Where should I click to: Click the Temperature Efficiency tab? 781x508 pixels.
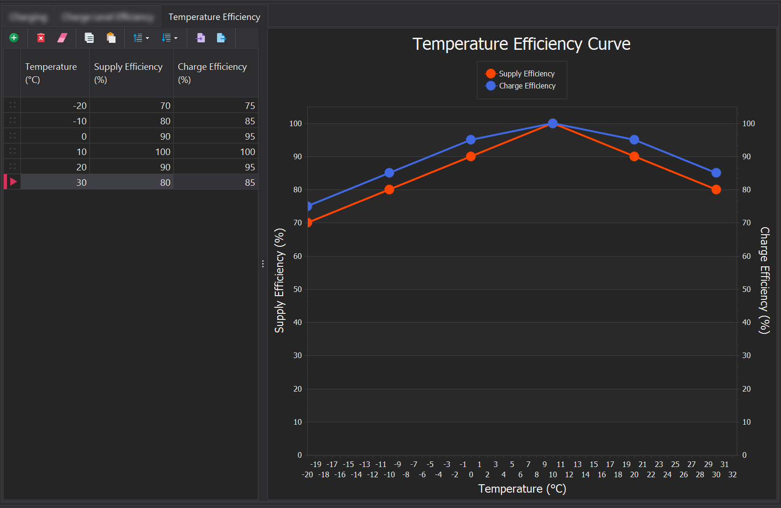[214, 17]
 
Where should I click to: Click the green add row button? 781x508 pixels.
[14, 38]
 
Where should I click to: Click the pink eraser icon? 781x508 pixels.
[62, 38]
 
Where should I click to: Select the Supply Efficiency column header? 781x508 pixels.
[129, 73]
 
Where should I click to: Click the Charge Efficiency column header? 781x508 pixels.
[212, 73]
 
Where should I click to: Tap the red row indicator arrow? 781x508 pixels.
[13, 182]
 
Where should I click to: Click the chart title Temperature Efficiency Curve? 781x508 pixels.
[521, 44]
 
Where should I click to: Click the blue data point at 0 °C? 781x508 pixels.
[471, 140]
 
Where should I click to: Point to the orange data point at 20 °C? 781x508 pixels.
[634, 156]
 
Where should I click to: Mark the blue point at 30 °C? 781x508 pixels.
[716, 173]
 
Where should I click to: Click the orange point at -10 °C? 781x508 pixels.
[389, 190]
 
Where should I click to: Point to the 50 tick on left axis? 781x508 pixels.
[298, 289]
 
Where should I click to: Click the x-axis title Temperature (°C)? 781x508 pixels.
[522, 489]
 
